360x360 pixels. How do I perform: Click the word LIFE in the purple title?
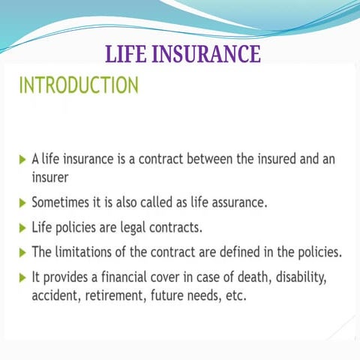(x=129, y=55)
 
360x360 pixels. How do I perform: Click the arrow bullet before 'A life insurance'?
(x=22, y=160)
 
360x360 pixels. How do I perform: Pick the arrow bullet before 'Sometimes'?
(x=22, y=202)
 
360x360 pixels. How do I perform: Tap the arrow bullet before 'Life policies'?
(x=22, y=227)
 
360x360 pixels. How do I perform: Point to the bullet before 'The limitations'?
(x=22, y=252)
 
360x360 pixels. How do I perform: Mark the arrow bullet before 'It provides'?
(x=22, y=277)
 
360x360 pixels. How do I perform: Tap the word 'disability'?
(x=303, y=277)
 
